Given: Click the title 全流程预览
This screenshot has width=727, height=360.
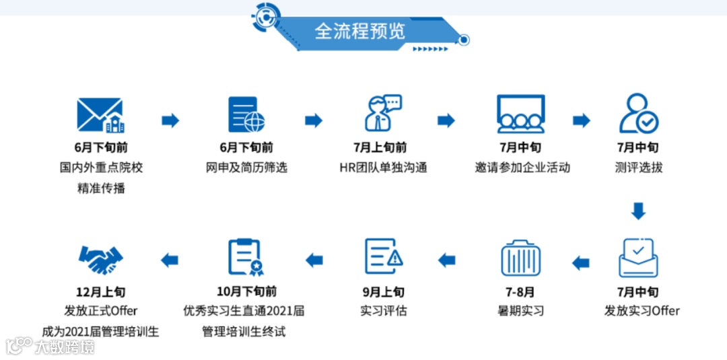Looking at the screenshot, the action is click(x=360, y=31).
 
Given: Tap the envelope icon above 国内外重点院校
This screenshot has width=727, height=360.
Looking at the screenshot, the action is click(x=101, y=115).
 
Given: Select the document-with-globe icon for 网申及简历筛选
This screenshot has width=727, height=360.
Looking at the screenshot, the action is click(x=246, y=114).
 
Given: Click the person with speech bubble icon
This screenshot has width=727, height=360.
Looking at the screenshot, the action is click(x=382, y=113).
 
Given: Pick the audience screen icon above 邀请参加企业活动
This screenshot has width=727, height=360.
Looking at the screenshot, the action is click(x=520, y=114).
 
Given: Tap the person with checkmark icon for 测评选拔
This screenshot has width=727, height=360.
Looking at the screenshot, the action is click(x=638, y=114).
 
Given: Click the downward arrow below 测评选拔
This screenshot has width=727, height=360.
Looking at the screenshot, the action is click(x=638, y=211).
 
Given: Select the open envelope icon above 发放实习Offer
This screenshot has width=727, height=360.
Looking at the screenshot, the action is click(x=638, y=257).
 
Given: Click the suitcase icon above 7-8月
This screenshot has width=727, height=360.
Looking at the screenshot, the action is click(x=520, y=257).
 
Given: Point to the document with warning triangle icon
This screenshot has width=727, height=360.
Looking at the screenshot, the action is click(x=384, y=257).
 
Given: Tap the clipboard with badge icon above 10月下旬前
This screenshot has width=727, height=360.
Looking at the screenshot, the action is click(x=246, y=257).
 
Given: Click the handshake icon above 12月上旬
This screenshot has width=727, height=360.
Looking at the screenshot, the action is click(x=101, y=259).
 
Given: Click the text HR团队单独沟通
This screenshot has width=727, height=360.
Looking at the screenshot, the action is click(x=383, y=168).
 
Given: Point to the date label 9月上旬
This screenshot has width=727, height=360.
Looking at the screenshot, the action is click(x=383, y=291).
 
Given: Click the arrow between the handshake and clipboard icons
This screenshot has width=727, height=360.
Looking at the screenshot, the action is click(x=170, y=260).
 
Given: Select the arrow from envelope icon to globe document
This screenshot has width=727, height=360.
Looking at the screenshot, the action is click(x=170, y=120).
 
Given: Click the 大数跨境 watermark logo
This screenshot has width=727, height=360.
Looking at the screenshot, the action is click(x=50, y=347).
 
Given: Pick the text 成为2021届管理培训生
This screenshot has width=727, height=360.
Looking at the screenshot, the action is click(x=100, y=331).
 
